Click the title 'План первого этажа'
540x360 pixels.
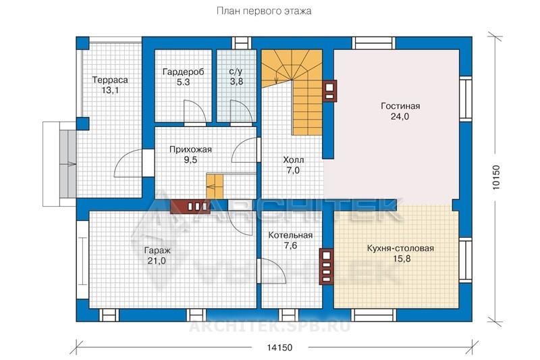[x=264, y=11]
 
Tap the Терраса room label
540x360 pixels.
[x=110, y=80]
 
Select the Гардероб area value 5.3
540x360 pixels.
[x=183, y=82]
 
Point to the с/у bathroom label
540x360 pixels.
[x=236, y=72]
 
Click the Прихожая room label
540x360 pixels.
[x=190, y=149]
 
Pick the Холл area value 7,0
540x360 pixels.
[x=293, y=170]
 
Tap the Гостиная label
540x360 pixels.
[x=400, y=106]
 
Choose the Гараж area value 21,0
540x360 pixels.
[x=157, y=261]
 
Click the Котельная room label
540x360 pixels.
[x=290, y=235]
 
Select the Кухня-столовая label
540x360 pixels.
[x=400, y=248]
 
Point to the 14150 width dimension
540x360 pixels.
[x=279, y=347]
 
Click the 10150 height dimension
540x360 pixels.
[x=496, y=178]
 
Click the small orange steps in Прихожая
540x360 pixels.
[x=215, y=186]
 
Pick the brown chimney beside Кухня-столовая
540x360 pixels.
[x=326, y=267]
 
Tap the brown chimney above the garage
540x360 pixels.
[x=190, y=207]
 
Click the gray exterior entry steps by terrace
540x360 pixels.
[x=68, y=163]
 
